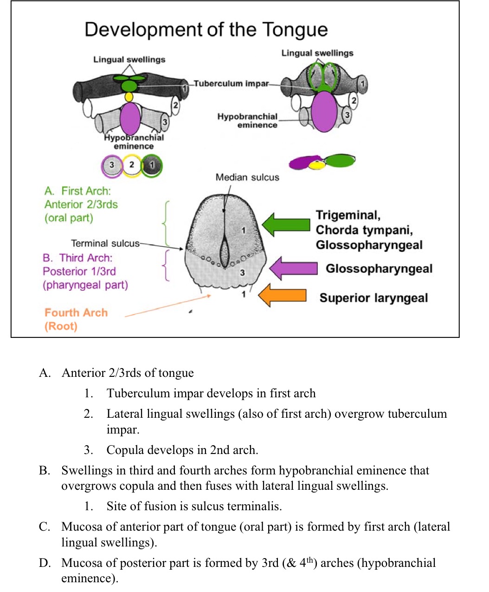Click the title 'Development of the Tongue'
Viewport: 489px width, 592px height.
pos(206,29)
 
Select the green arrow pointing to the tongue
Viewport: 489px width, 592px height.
pos(286,224)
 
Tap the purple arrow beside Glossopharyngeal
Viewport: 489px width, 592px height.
pos(293,269)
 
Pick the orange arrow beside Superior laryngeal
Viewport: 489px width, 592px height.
pos(282,296)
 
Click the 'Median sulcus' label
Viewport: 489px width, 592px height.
pos(247,177)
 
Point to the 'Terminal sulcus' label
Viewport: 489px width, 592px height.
pos(105,243)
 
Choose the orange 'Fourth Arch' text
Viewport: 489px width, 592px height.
pos(76,313)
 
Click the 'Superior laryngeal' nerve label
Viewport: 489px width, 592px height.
pos(373,298)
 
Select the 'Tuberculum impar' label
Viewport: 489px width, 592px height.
pos(231,84)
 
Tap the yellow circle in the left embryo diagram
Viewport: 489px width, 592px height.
pos(129,97)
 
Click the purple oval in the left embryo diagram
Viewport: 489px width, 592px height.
pos(130,118)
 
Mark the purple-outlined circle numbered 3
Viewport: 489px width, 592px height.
pos(112,165)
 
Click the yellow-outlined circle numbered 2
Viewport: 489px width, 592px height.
pos(132,165)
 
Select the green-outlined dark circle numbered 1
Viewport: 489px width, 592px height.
pos(152,165)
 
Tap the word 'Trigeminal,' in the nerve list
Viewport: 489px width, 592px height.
pos(348,215)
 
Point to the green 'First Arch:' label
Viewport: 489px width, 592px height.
pos(77,191)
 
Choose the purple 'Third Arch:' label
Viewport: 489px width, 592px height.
pos(77,258)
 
